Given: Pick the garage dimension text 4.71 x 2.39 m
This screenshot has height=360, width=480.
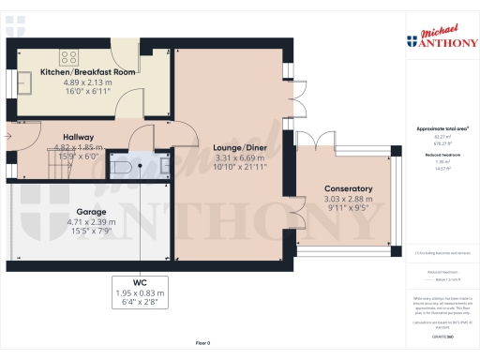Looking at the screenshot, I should point(91,221).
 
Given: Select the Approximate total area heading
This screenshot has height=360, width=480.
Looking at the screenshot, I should point(442,127).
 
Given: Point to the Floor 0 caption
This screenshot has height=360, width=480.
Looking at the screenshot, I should point(202,344).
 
